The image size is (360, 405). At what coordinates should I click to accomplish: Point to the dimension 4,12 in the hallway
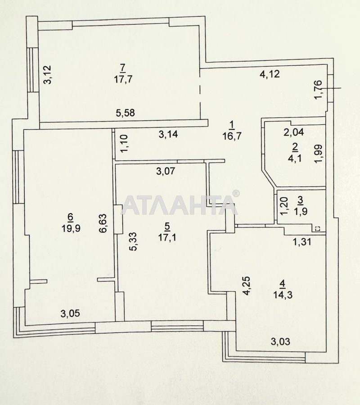(x=270, y=74)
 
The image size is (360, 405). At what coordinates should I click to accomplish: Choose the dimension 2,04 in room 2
(x=293, y=132)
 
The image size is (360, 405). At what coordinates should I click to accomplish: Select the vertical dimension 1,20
(x=283, y=207)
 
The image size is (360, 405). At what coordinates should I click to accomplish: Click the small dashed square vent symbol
(x=318, y=229)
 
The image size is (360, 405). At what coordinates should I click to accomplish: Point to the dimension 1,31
(x=302, y=242)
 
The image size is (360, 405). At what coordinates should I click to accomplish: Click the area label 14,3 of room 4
(x=282, y=295)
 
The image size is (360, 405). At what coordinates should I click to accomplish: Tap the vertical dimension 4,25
(x=247, y=286)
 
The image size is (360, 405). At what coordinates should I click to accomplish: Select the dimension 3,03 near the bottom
(x=280, y=342)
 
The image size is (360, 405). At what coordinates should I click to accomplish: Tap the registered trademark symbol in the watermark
(x=235, y=194)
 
